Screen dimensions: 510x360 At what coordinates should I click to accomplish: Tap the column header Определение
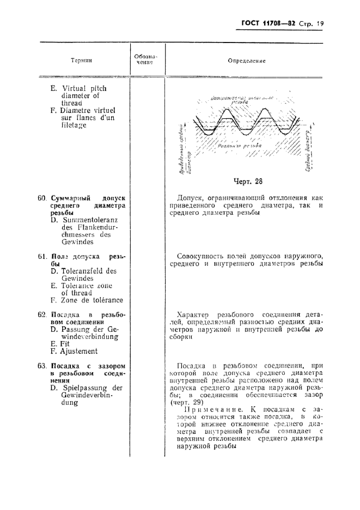[247, 61]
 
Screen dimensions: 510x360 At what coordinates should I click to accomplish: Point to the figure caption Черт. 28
[247, 181]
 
